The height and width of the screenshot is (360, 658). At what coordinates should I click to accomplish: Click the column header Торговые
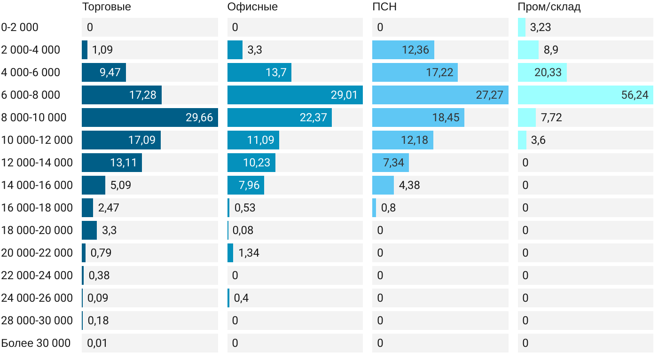point(106,7)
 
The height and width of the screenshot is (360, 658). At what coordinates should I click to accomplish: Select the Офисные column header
point(252,7)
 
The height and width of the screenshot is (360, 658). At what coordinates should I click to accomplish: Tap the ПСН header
point(381,7)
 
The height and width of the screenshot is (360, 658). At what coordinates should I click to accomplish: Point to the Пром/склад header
point(549,7)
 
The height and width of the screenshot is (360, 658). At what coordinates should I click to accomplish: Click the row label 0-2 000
point(20,27)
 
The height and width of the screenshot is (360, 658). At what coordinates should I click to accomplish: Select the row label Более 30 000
point(36,343)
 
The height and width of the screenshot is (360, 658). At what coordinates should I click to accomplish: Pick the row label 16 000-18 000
point(37,208)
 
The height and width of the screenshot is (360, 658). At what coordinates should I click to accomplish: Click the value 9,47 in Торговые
point(110,72)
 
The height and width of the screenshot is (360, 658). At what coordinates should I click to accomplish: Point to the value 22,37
point(313,117)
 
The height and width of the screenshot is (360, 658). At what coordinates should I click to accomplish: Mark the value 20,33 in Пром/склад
point(548,72)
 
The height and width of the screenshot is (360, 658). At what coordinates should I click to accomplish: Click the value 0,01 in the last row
point(97,343)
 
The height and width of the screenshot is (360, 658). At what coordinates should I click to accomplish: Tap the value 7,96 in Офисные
point(249,185)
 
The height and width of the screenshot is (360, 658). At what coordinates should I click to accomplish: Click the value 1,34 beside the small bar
point(249,253)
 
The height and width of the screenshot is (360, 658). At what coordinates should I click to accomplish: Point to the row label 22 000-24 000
point(37,275)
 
